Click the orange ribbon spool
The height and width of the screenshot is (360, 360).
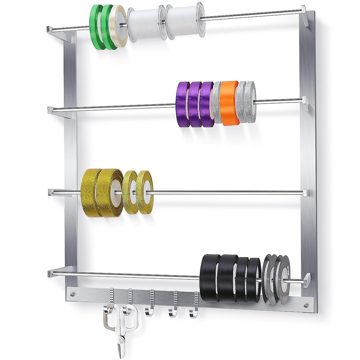click(229, 102)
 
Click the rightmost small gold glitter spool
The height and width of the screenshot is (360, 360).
click(144, 192)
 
